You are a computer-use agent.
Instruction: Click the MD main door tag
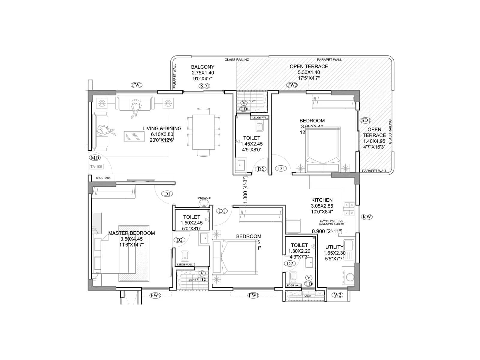tap(95, 157)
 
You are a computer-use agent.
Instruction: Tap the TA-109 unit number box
tap(96, 166)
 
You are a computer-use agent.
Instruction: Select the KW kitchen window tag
tap(367, 217)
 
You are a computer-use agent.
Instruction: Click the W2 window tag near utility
tap(337, 295)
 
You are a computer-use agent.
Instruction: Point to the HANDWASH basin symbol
tap(204, 204)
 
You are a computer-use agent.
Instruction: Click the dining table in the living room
tap(204, 132)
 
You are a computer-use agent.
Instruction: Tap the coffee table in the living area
tap(134, 136)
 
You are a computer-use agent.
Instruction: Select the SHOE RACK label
tap(103, 178)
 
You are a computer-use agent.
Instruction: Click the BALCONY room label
tap(203, 67)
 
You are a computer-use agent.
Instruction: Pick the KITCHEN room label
tap(322, 200)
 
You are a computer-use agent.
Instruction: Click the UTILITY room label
tap(334, 247)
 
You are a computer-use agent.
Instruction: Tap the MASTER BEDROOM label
tap(131, 233)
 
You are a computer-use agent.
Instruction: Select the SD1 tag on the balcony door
tap(204, 86)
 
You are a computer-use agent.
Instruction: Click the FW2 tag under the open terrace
tap(292, 85)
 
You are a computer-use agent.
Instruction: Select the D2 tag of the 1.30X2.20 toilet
tap(290, 263)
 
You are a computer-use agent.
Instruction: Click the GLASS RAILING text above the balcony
tap(237, 60)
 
